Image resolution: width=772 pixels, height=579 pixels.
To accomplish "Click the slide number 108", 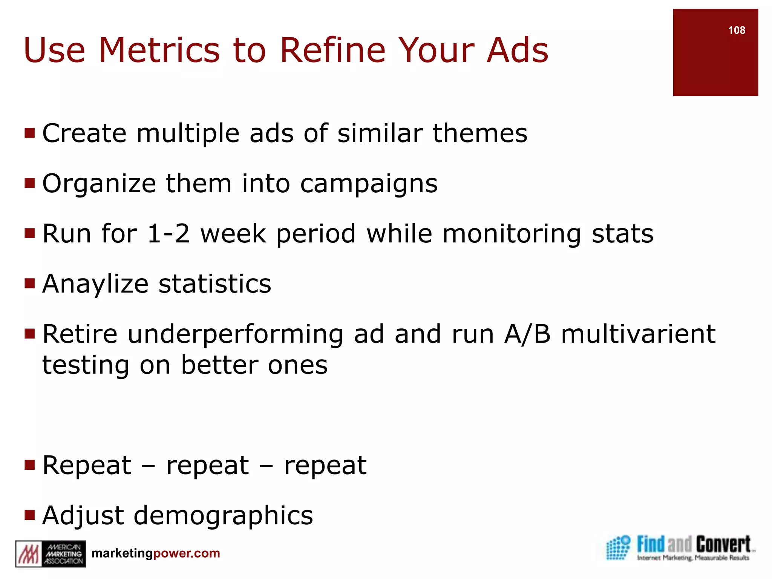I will click(736, 31).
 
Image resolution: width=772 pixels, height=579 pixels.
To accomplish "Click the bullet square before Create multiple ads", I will click(29, 133).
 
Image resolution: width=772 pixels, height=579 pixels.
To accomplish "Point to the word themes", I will click(480, 133).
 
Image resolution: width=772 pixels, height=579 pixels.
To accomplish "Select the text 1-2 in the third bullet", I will click(168, 234).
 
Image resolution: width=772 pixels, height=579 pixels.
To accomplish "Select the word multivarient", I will click(638, 334).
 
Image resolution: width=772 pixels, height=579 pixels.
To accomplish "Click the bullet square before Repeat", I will click(29, 465).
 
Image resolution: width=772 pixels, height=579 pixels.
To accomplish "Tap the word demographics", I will click(223, 516).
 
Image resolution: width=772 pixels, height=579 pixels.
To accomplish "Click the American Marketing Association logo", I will click(51, 554).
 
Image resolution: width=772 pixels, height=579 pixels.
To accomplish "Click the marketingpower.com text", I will click(156, 553).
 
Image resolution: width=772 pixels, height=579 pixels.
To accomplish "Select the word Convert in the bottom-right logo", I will click(723, 545).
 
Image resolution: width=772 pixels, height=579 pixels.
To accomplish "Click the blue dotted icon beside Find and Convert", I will click(618, 548).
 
